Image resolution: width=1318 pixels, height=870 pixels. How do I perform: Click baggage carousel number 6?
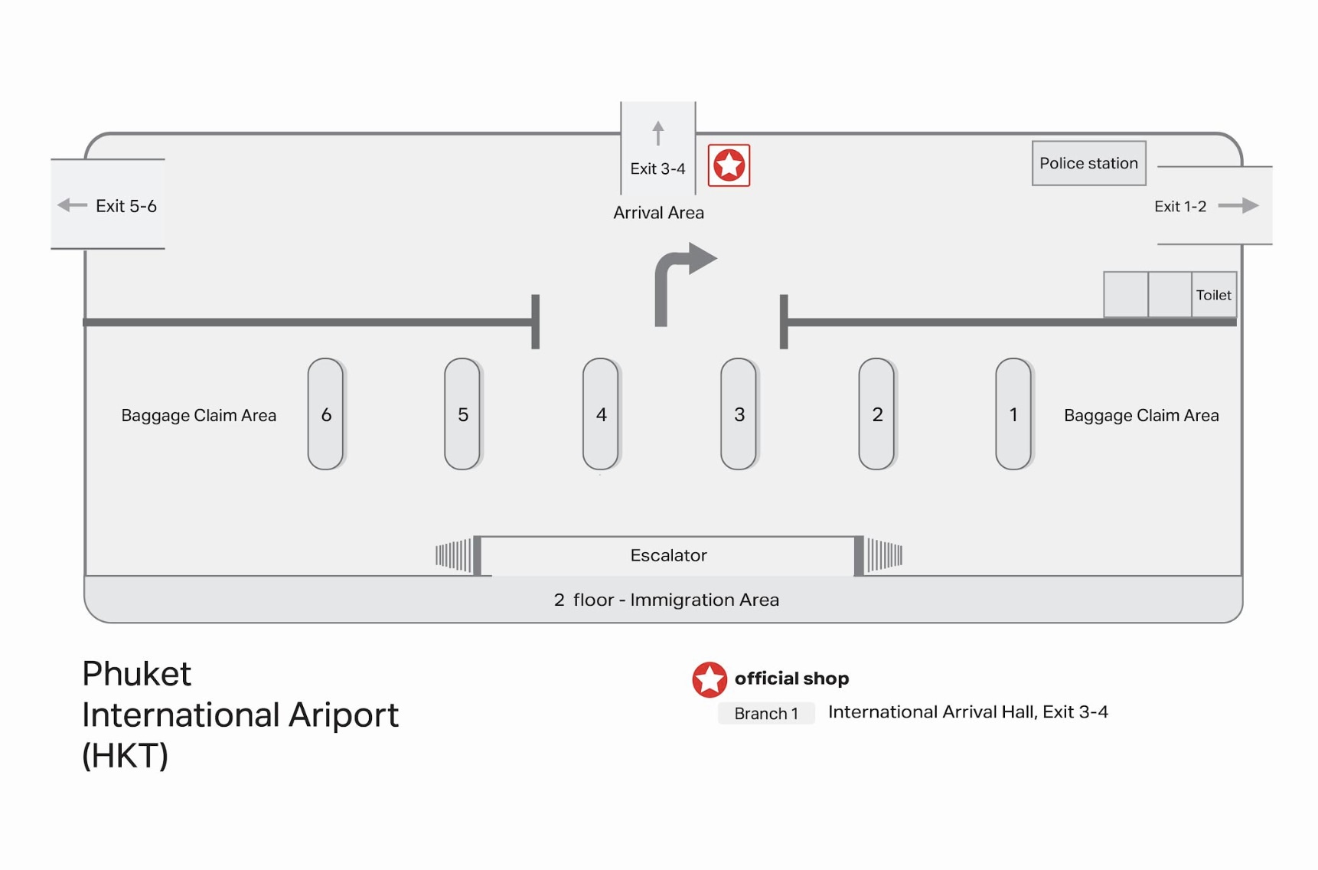tap(326, 414)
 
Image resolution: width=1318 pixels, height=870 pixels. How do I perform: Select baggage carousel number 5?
tap(463, 414)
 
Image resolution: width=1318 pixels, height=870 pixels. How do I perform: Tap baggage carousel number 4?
tap(601, 414)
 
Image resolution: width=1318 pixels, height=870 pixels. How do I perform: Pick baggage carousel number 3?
tap(739, 414)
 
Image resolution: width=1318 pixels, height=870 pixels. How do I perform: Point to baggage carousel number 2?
tap(877, 414)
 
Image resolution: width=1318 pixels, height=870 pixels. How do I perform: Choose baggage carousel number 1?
tap(1014, 414)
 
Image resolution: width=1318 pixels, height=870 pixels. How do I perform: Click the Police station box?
tap(1088, 163)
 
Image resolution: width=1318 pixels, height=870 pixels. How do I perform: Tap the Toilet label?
tap(1214, 295)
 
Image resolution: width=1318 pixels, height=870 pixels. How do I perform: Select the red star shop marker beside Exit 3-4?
tap(729, 165)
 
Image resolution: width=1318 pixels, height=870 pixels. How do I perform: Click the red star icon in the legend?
tap(710, 679)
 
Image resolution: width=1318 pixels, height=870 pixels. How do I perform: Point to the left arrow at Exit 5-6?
tap(72, 205)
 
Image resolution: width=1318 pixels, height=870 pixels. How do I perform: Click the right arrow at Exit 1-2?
tap(1238, 205)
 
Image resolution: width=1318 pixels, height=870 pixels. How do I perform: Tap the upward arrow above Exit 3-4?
tap(658, 132)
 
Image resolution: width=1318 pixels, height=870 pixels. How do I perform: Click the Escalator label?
tap(668, 555)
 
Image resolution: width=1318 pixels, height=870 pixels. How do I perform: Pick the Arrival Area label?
tap(658, 213)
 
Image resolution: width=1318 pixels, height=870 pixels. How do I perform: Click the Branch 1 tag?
tap(766, 713)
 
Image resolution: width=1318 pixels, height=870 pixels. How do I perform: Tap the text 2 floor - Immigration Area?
tap(666, 600)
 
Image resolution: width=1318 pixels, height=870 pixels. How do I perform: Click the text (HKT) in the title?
tap(125, 756)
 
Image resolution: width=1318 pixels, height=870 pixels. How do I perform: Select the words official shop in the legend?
tap(791, 679)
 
